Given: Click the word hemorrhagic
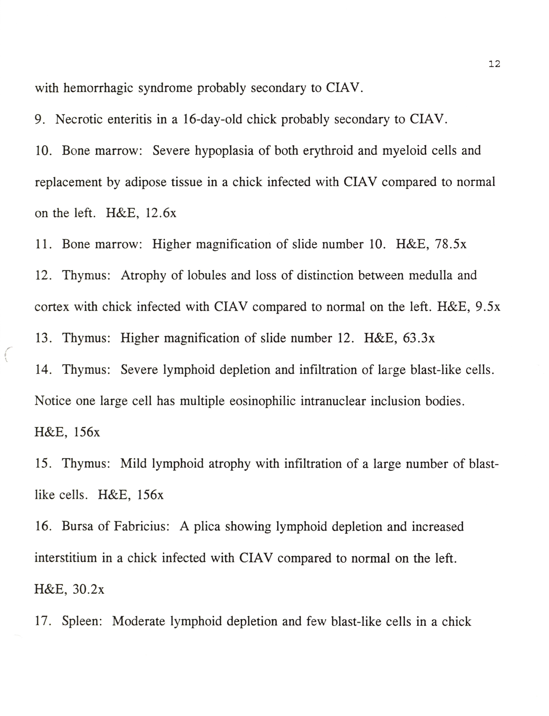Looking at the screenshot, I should pos(98,88).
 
